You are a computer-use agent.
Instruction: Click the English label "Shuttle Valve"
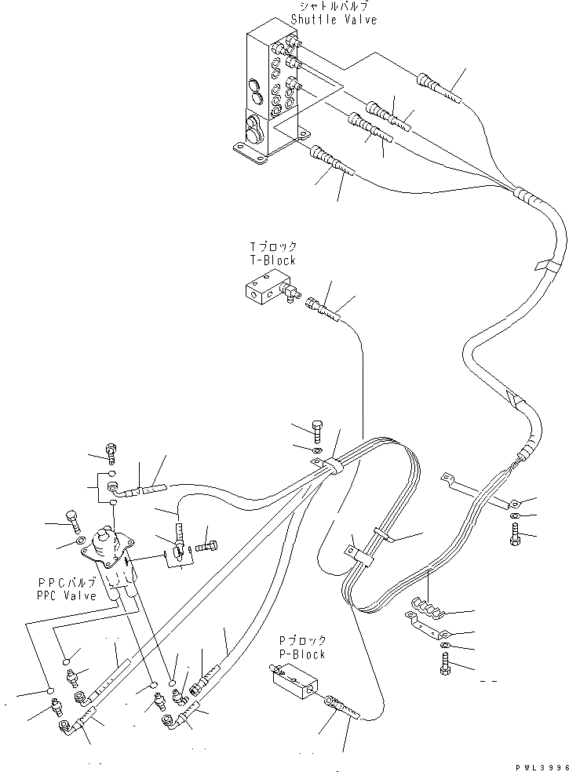tap(333, 19)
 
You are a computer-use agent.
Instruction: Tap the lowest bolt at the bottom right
tap(446, 667)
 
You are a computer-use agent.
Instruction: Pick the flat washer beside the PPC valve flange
tap(80, 541)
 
